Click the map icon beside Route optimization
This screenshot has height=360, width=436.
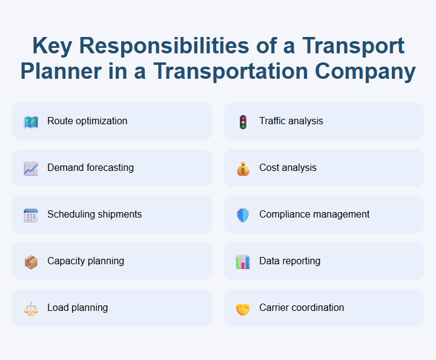click(x=31, y=121)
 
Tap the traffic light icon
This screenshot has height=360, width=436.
click(x=243, y=121)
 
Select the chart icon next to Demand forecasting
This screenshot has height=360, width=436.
click(x=31, y=168)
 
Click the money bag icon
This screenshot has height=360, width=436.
click(x=243, y=168)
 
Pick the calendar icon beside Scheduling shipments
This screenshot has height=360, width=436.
click(x=31, y=215)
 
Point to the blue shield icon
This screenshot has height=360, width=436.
click(x=243, y=215)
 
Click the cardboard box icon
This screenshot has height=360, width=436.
click(x=31, y=261)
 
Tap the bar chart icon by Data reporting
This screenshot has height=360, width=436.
click(x=243, y=261)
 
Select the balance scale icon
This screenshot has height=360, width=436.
click(x=31, y=308)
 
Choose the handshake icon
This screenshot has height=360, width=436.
click(x=243, y=308)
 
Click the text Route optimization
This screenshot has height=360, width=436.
click(x=87, y=121)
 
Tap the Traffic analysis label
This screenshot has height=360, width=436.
click(x=291, y=121)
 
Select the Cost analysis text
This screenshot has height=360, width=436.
click(x=288, y=167)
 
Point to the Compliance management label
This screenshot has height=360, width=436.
click(x=314, y=214)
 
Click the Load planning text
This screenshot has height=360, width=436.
click(x=78, y=307)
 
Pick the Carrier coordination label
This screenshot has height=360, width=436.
click(x=302, y=307)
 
